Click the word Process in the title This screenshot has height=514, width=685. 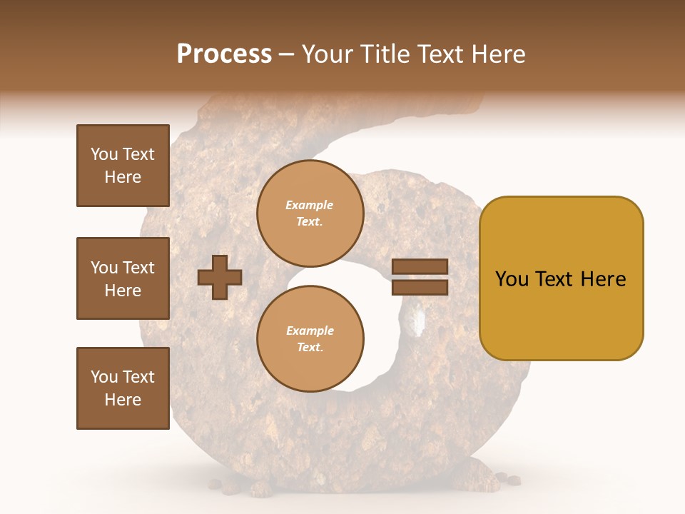pos(224,54)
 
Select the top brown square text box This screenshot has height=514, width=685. pos(123,166)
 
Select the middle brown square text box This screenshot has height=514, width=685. pos(123,278)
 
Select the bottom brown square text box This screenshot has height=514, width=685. pos(123,388)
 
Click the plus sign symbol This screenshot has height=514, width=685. pos(220,277)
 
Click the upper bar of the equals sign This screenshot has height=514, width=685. pos(420,267)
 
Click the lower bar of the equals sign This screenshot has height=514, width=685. pos(420,287)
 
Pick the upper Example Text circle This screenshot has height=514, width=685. pos(310,213)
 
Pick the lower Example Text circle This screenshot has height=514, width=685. pos(310,338)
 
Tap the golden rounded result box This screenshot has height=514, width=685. pos(561,278)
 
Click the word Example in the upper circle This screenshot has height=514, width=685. pos(310,206)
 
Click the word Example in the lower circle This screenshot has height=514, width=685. pos(310,331)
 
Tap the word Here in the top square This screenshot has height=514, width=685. pos(123,178)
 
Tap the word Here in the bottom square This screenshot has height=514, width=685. pos(123,400)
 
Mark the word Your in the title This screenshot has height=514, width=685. pos(325,54)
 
